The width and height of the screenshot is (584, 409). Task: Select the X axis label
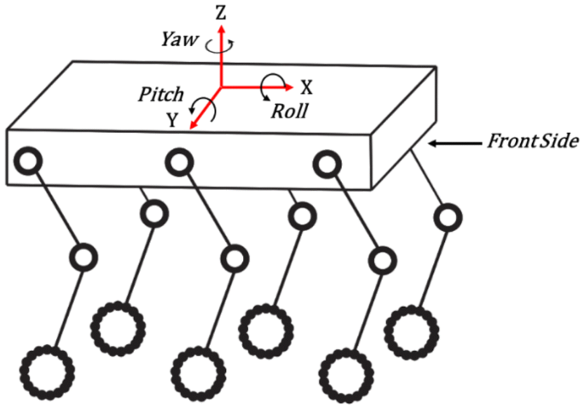pos(307,87)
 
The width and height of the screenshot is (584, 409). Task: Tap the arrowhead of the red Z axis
pos(222,31)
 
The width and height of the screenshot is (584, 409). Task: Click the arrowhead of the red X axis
pos(287,86)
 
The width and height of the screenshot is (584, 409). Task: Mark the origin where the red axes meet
pos(222,86)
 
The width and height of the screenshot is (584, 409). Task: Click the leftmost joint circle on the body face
pos(29,159)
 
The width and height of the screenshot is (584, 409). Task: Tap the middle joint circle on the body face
pos(178,159)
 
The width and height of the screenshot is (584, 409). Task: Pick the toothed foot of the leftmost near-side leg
pos(47,372)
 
